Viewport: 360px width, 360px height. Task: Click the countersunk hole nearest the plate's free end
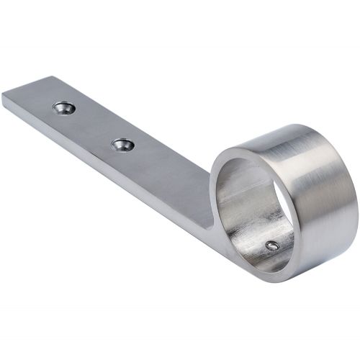click(64, 108)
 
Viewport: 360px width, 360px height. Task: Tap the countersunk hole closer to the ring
click(122, 144)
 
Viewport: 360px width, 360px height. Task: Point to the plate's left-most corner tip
click(2, 96)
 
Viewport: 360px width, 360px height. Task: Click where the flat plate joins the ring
click(210, 216)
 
